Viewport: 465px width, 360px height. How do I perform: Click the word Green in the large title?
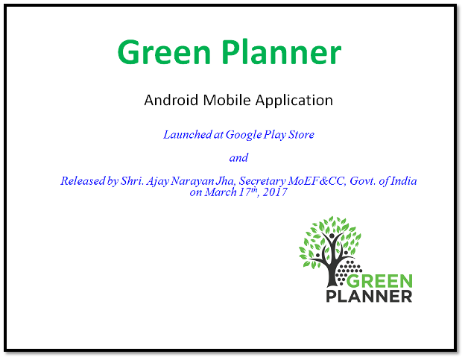coord(164,52)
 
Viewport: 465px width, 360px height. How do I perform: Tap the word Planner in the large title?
coord(282,52)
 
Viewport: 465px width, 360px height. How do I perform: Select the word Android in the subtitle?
coord(171,100)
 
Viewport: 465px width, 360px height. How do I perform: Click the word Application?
coord(294,101)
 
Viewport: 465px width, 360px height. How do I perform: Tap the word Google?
coord(244,135)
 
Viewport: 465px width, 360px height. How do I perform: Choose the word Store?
coord(301,135)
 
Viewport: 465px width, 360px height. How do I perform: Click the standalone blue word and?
coord(238,158)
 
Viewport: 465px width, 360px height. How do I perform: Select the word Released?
coord(83,181)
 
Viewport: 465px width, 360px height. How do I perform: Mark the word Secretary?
coord(262,181)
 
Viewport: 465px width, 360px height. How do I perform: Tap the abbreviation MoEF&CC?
coord(317,181)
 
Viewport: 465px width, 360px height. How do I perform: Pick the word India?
coord(403,181)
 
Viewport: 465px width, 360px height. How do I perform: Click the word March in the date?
coord(221,192)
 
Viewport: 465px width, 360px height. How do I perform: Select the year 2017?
coord(275,192)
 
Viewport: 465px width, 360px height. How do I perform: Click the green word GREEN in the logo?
coord(379,281)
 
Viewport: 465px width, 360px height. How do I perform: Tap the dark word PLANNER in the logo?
coord(369,296)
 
